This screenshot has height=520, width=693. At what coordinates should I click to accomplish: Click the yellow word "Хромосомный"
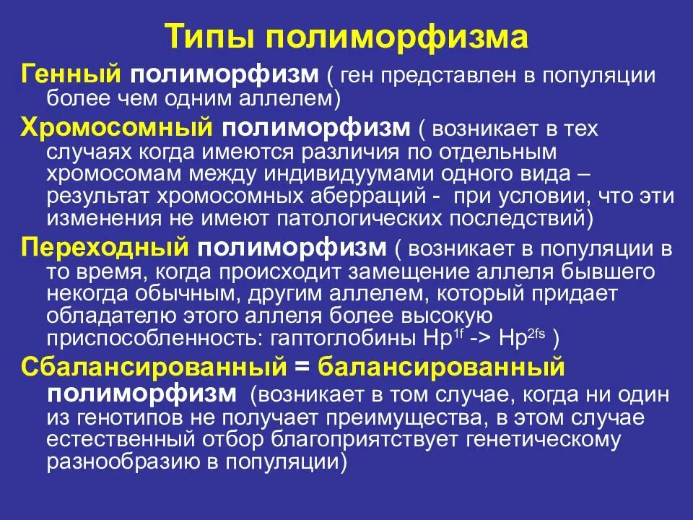point(116,129)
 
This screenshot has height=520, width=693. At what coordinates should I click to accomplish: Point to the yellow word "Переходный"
point(105,248)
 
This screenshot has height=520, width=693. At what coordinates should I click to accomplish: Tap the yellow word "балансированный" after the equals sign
point(440,368)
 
